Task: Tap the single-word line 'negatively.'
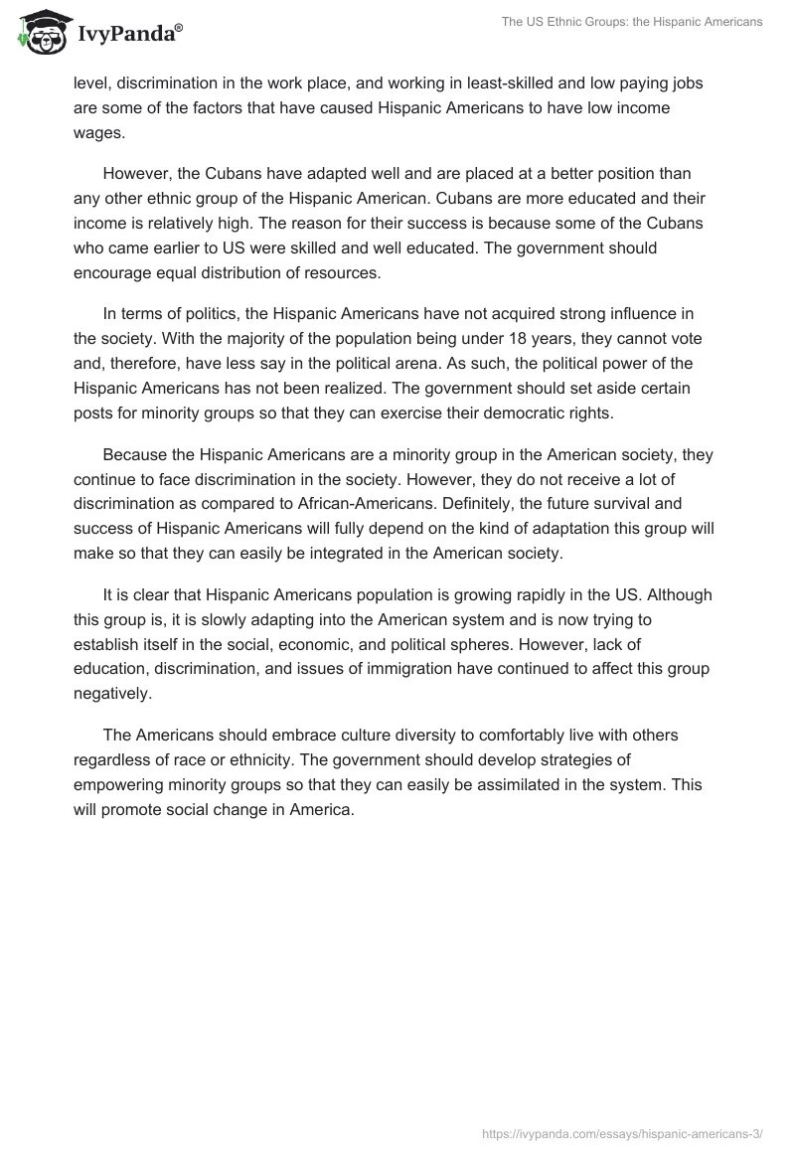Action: pyautogui.click(x=112, y=692)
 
